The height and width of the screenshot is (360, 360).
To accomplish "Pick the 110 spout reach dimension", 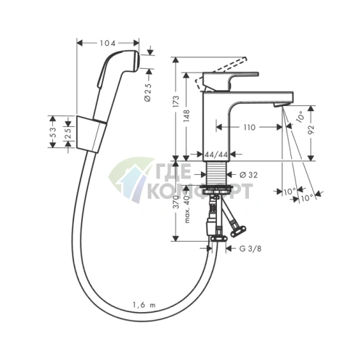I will [x=249, y=128].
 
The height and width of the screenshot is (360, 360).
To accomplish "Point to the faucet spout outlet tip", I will [x=279, y=106].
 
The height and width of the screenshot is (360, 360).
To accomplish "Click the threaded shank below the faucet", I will [x=217, y=174].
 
